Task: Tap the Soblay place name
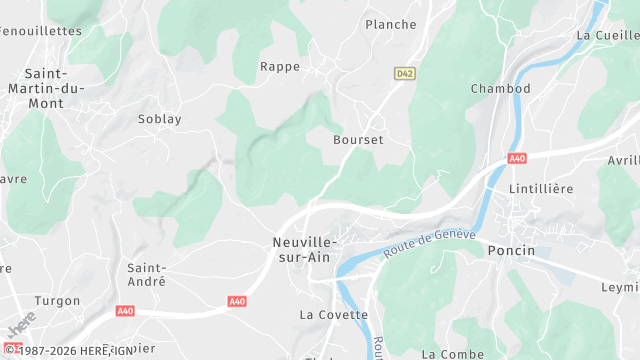pyautogui.click(x=160, y=119)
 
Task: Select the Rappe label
pyautogui.click(x=280, y=67)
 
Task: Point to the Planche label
pyautogui.click(x=390, y=24)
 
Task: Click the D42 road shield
pyautogui.click(x=404, y=73)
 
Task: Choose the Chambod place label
pyautogui.click(x=500, y=89)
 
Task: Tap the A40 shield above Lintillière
pyautogui.click(x=516, y=159)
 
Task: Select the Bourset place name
pyautogui.click(x=358, y=140)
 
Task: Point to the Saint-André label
pyautogui.click(x=146, y=275)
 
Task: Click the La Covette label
pyautogui.click(x=334, y=314)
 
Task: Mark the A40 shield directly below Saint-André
pyautogui.click(x=237, y=301)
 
